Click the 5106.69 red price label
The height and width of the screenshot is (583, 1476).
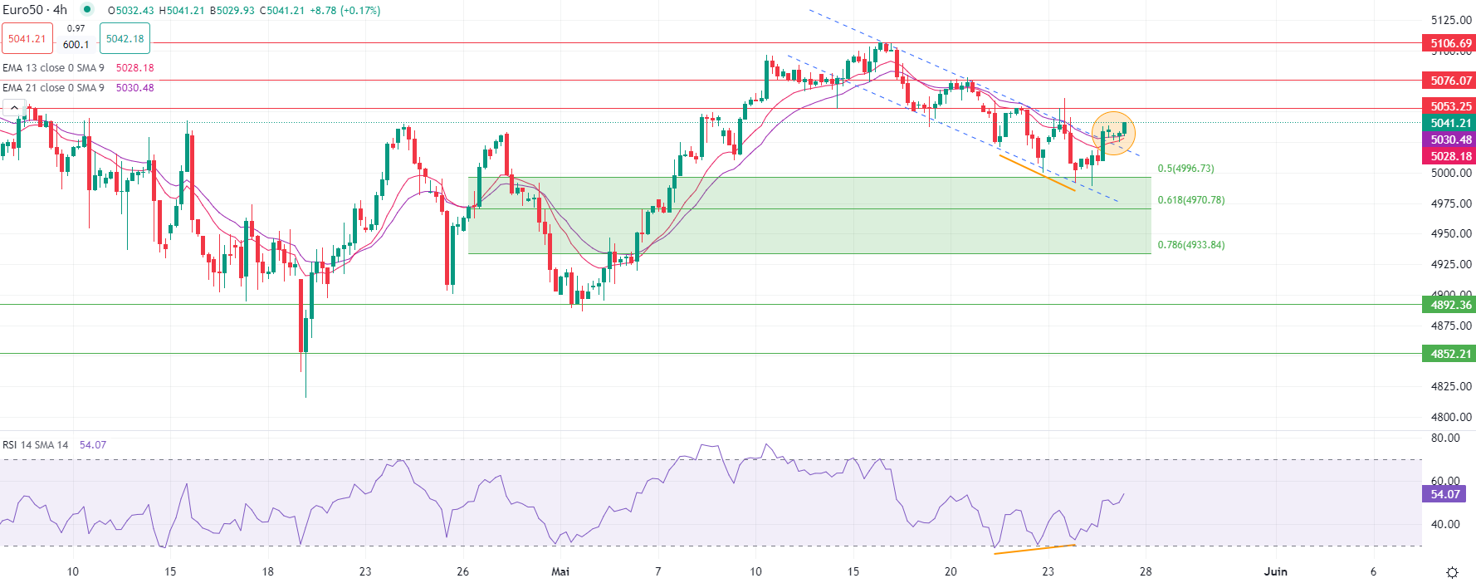pyautogui.click(x=1450, y=43)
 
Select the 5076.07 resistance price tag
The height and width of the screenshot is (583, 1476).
pyautogui.click(x=1450, y=81)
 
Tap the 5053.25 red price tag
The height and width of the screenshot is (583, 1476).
pyautogui.click(x=1450, y=106)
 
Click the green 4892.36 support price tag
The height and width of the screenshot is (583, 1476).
pyautogui.click(x=1450, y=305)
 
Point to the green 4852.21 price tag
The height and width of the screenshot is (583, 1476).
pyautogui.click(x=1450, y=354)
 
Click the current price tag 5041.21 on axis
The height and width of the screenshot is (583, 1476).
pyautogui.click(x=1450, y=123)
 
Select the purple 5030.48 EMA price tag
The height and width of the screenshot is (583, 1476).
pyautogui.click(x=1450, y=140)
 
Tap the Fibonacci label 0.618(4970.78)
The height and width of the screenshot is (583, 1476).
pyautogui.click(x=1190, y=200)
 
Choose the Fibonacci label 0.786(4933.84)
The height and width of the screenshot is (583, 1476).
pyautogui.click(x=1190, y=245)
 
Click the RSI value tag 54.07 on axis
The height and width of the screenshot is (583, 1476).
pyautogui.click(x=1444, y=494)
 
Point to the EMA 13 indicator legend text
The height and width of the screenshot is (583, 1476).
pyautogui.click(x=53, y=68)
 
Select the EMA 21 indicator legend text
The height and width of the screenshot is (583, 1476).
pyautogui.click(x=53, y=88)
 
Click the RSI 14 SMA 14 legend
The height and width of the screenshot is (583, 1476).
pyautogui.click(x=36, y=445)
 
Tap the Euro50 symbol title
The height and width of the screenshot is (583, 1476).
pyautogui.click(x=35, y=10)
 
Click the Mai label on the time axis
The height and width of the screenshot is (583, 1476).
pyautogui.click(x=560, y=571)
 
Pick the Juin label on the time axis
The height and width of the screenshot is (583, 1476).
pyautogui.click(x=1275, y=571)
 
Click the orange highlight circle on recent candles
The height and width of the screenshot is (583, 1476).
pyautogui.click(x=1113, y=133)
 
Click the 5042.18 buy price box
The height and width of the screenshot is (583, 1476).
pyautogui.click(x=125, y=39)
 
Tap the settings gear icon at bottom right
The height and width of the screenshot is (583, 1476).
pyautogui.click(x=1452, y=572)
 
